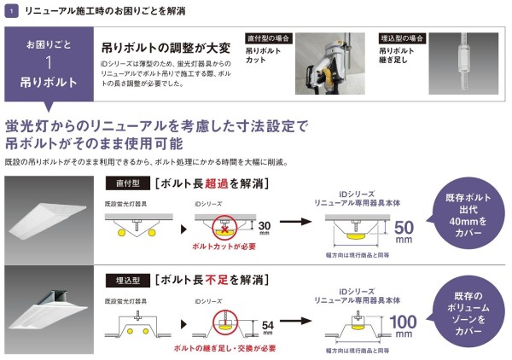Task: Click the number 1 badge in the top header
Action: point(9,10)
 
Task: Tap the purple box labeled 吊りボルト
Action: point(48,65)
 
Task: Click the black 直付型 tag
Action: point(127,183)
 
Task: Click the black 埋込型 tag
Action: point(127,277)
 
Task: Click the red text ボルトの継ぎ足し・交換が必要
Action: point(224,350)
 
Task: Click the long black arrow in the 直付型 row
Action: point(296,222)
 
